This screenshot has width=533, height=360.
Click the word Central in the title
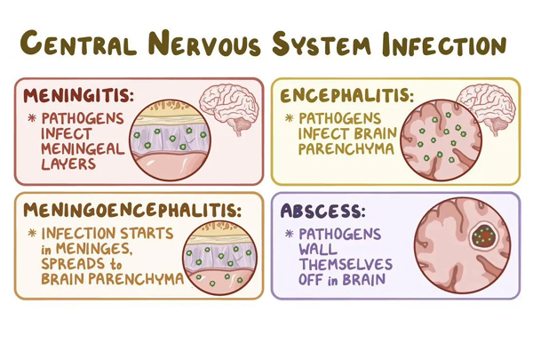click(78, 43)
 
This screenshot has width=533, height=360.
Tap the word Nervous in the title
click(204, 43)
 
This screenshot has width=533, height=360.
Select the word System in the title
click(321, 44)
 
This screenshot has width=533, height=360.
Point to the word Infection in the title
click(444, 44)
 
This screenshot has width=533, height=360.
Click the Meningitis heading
click(78, 96)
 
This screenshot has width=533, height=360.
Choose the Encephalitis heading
click(347, 95)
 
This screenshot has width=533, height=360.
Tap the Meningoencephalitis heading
click(132, 210)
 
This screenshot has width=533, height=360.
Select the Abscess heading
click(322, 211)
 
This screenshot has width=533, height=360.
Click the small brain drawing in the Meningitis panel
click(230, 109)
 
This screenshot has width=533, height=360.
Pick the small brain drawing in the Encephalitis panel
click(486, 109)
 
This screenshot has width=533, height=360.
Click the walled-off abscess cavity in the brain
click(483, 236)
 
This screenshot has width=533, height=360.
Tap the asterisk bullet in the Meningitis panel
click(32, 118)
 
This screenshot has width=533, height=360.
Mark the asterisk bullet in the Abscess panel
click(290, 234)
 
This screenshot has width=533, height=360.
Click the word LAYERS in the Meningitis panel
click(68, 164)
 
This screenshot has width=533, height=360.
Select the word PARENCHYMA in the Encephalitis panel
click(346, 149)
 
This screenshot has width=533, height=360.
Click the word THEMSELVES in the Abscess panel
click(346, 264)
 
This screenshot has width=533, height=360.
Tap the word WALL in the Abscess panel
click(318, 249)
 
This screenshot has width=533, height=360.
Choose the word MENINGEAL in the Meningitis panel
click(83, 149)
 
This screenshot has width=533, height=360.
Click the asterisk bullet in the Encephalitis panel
click(290, 118)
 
